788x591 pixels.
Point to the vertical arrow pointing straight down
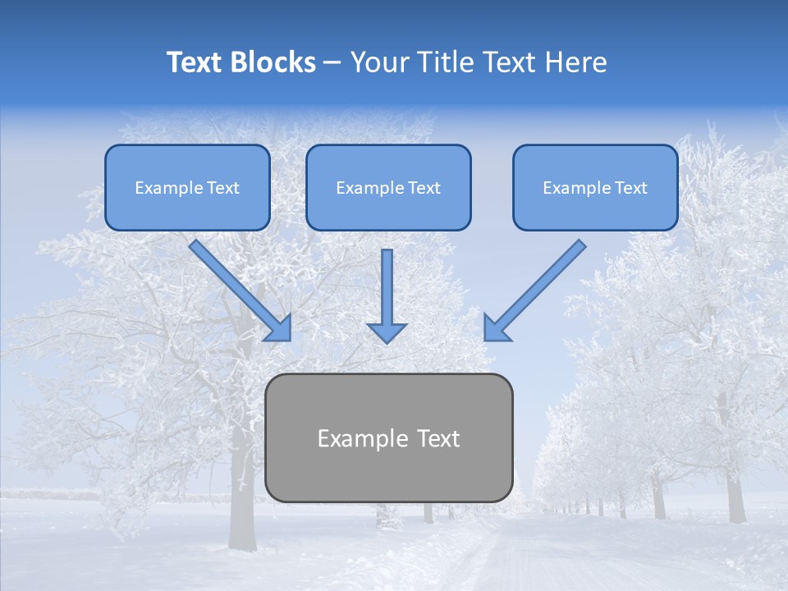(387, 287)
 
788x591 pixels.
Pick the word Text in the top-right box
(630, 188)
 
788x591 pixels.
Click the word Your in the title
(379, 62)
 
